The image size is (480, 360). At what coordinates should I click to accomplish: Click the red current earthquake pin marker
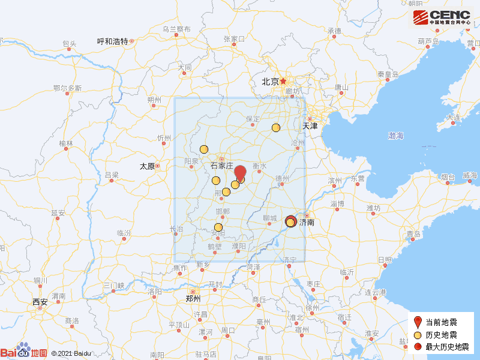(239, 173)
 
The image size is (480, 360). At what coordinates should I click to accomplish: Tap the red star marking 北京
(283, 81)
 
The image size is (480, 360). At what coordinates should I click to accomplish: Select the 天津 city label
(310, 127)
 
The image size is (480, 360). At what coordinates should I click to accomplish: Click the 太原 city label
(147, 166)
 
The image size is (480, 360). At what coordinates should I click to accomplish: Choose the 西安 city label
(40, 302)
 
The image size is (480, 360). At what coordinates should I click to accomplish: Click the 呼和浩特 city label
(113, 41)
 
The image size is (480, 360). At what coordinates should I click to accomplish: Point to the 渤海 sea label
(395, 136)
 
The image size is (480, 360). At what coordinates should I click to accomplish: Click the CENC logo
(442, 17)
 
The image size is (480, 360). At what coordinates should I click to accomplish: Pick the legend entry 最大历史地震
(445, 347)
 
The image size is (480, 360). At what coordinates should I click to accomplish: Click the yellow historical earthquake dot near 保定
(276, 127)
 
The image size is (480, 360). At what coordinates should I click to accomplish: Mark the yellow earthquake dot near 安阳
(218, 227)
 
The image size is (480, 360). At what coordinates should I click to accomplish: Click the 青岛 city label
(413, 234)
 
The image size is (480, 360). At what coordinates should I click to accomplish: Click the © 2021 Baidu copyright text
(71, 353)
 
